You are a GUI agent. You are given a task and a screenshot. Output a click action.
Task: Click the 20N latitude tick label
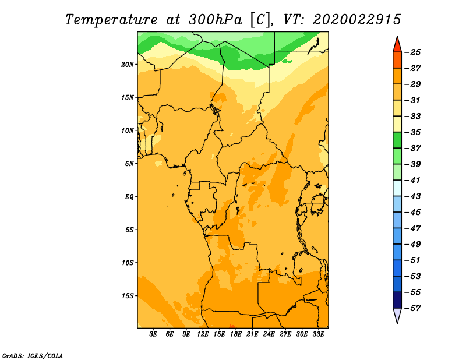point(128,65)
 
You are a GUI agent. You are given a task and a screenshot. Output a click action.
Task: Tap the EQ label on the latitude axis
point(129,197)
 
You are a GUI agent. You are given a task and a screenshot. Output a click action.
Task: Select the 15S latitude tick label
point(128,296)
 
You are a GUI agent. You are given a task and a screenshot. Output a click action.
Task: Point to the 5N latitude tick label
point(129,164)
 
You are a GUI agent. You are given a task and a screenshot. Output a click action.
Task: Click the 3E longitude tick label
point(153,334)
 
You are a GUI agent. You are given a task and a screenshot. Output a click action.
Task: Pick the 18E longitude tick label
point(236,334)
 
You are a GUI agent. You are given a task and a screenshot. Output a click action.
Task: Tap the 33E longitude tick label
point(318,334)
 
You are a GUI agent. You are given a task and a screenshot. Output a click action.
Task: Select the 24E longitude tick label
point(269,334)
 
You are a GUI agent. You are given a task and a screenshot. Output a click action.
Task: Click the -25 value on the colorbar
point(412,52)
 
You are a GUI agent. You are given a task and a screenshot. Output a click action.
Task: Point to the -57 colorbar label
point(412,308)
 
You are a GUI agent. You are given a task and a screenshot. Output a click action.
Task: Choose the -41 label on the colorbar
point(412,180)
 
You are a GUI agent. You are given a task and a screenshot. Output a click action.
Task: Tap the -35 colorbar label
point(412,132)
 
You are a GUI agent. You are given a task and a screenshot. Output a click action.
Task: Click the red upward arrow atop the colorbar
point(397,45)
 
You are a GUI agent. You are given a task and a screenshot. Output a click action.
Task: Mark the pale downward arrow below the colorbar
point(397,315)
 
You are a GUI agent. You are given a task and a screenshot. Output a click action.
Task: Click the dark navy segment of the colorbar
point(397,300)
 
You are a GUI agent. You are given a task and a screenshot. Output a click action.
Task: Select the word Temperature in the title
point(111,20)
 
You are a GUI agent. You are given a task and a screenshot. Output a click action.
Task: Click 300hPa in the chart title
point(216,20)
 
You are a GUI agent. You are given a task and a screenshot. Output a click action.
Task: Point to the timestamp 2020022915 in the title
point(357,20)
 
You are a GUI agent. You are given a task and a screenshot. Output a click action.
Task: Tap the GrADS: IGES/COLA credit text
point(33,355)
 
